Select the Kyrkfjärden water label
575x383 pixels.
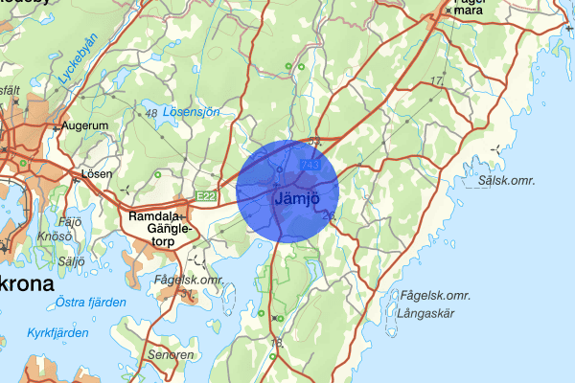pyautogui.click(x=57, y=332)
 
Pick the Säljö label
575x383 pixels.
pyautogui.click(x=71, y=260)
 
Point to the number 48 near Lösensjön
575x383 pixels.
pyautogui.click(x=150, y=114)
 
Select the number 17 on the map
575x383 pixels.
pyautogui.click(x=438, y=80)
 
